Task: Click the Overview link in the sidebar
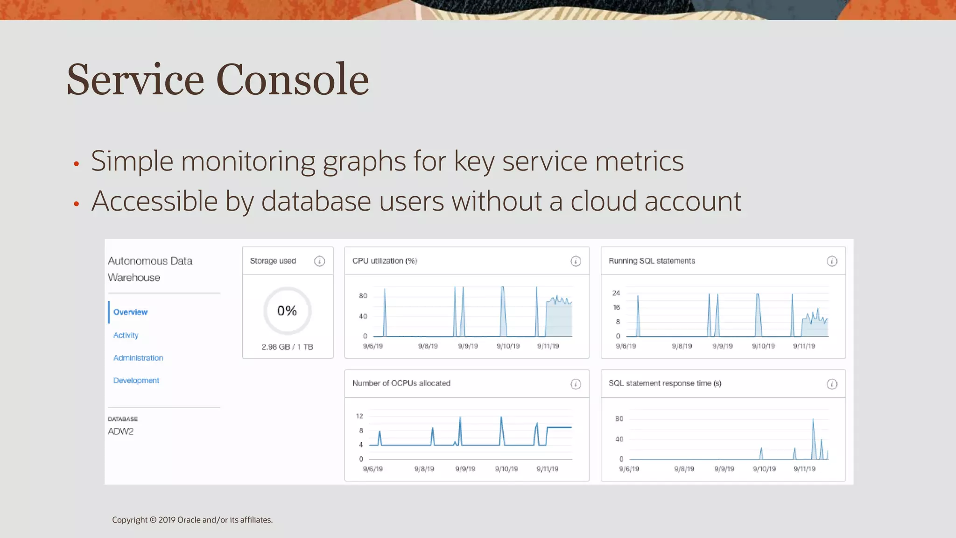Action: [x=130, y=312]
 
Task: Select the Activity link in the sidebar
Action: [x=126, y=335]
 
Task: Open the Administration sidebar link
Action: [x=138, y=358]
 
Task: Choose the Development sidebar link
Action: [x=136, y=381]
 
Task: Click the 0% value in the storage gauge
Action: [x=287, y=311]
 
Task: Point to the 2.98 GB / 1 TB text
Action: [x=287, y=347]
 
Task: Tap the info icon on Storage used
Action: [x=319, y=261]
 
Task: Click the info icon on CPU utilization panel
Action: [x=576, y=262]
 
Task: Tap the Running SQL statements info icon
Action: [x=832, y=262]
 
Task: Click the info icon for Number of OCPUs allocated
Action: [x=576, y=384]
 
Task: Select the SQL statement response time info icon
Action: [x=832, y=384]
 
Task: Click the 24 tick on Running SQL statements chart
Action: [x=616, y=293]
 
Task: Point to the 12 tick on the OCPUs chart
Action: [x=359, y=416]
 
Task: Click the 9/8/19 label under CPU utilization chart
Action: [x=428, y=347]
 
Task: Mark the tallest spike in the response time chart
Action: [x=813, y=420]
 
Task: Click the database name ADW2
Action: [x=120, y=432]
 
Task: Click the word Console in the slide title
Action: [x=292, y=80]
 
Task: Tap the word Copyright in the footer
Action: [x=129, y=520]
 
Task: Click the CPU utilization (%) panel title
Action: [x=385, y=261]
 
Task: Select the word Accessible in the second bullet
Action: [x=155, y=201]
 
